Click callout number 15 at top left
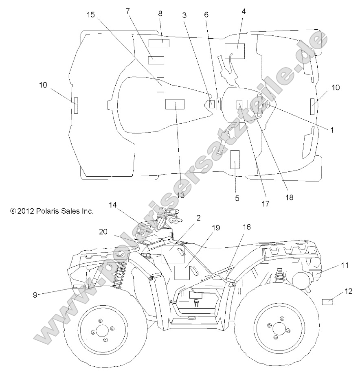[91, 15]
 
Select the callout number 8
[160, 13]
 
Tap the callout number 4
[244, 11]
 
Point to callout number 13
[181, 195]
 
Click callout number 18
[289, 197]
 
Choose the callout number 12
[349, 291]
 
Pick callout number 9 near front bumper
[35, 295]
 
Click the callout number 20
[103, 232]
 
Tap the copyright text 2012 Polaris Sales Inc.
[52, 211]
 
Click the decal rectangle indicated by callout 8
[159, 43]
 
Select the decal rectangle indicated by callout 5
[235, 160]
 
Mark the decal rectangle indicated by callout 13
[175, 104]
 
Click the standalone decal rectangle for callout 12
[327, 302]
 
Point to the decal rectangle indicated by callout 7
[156, 60]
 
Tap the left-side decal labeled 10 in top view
[76, 105]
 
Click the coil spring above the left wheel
[120, 274]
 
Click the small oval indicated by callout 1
[268, 105]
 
